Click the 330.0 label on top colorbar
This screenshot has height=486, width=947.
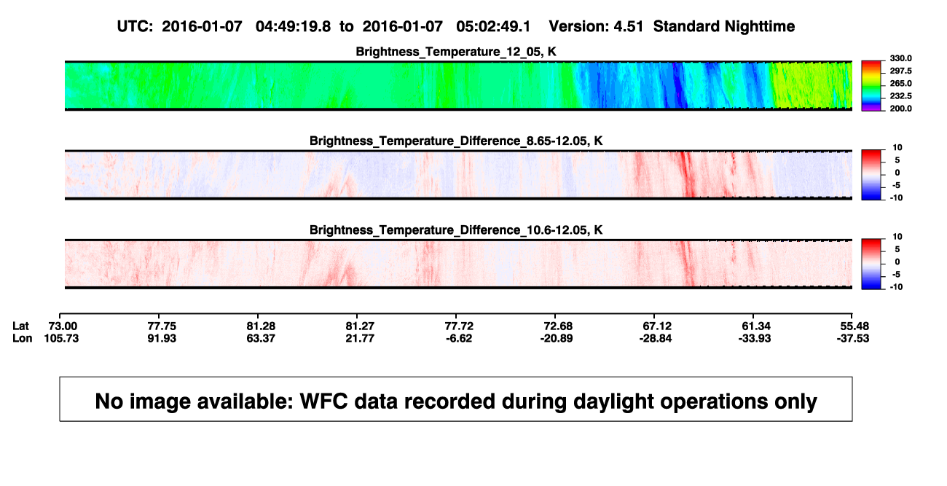coord(900,58)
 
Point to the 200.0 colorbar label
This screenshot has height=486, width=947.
coord(900,109)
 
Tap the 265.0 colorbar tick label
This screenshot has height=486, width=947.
coord(900,83)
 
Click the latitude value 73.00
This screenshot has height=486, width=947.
coord(63,326)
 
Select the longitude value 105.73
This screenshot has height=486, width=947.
coord(61,338)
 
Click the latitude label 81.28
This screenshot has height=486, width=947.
coord(261,326)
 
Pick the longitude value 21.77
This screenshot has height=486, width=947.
coord(360,338)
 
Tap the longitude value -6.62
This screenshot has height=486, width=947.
coord(459,338)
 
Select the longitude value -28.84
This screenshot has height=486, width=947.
coord(656,338)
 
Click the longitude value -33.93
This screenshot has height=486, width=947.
coord(755,338)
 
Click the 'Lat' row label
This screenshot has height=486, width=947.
coord(20,326)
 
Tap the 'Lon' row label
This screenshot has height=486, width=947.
coord(23,338)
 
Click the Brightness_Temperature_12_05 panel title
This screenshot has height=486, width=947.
coord(456,52)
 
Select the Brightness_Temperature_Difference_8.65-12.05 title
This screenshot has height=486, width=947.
coord(456,141)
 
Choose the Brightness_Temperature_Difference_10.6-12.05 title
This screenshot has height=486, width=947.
coord(456,230)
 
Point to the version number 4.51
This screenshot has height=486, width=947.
coord(628,27)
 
